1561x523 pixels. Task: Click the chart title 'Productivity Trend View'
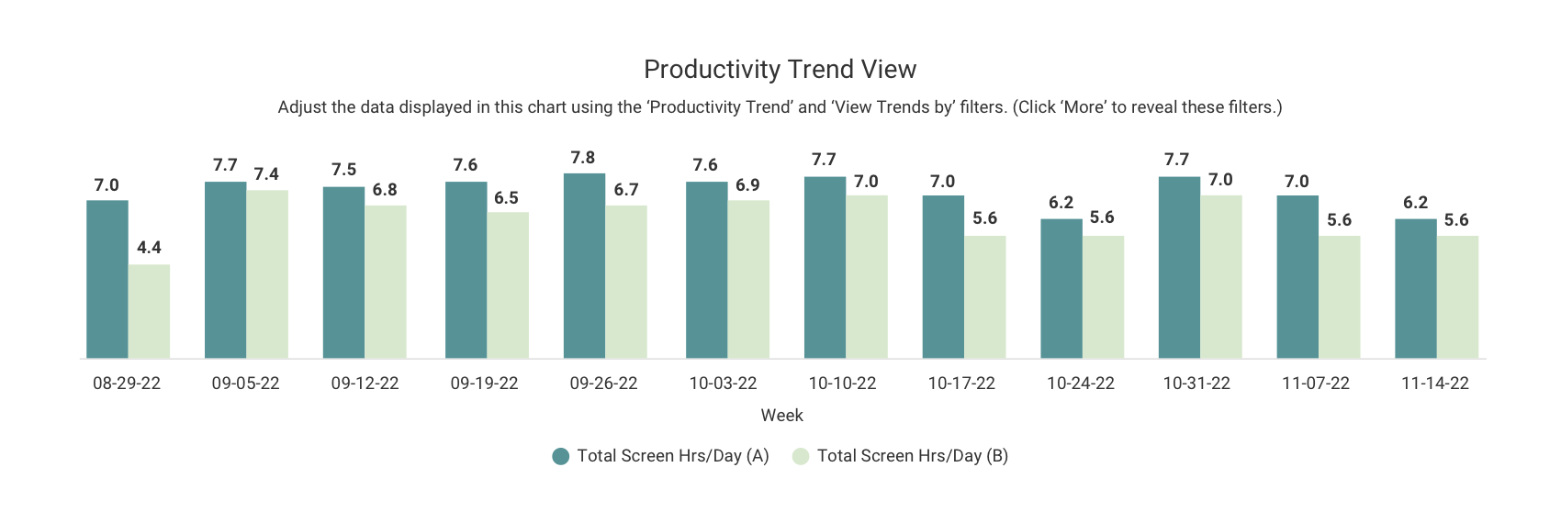coord(780,70)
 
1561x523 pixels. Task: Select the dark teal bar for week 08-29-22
coord(107,280)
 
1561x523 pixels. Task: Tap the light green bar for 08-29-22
coord(149,312)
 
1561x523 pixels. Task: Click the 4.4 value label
coord(149,248)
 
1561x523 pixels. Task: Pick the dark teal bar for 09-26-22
coord(584,266)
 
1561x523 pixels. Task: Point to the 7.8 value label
coord(583,158)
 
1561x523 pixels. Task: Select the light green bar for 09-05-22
coord(267,274)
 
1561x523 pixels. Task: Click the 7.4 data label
coord(266,174)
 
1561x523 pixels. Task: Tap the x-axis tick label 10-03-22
coord(723,384)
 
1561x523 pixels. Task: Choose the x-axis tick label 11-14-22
coord(1434,384)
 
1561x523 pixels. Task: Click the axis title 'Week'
coord(781,416)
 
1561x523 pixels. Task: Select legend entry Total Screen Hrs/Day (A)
coord(661,456)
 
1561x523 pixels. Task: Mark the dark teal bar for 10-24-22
coord(1061,289)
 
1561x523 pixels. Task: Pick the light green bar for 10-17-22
coord(984,297)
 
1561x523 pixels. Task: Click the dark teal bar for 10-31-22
coord(1179,268)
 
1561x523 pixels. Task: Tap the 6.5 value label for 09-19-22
coord(506,198)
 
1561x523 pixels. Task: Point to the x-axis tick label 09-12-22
coord(365,384)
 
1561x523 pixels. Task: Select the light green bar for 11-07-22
coord(1339,297)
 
